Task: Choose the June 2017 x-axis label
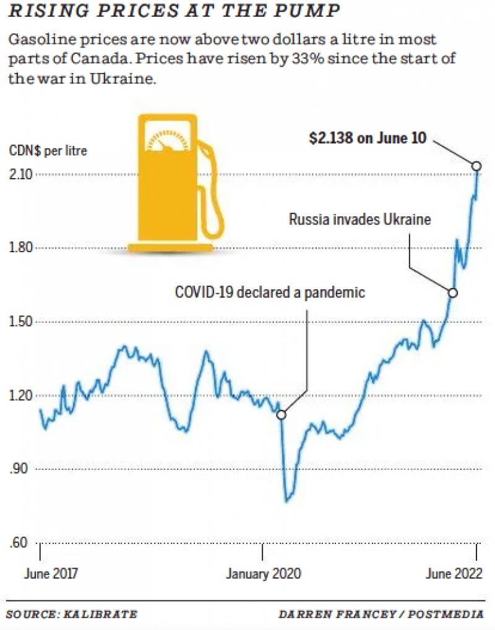tap(51, 573)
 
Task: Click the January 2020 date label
tap(264, 573)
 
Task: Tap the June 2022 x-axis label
tap(454, 573)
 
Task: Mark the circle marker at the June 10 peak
tap(476, 165)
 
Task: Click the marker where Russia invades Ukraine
tap(452, 293)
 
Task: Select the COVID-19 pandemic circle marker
tap(281, 415)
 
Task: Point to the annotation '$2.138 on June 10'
tap(368, 138)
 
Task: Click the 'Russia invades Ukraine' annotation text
tap(359, 220)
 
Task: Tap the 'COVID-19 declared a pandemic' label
tap(270, 292)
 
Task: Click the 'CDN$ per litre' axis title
tap(48, 151)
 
